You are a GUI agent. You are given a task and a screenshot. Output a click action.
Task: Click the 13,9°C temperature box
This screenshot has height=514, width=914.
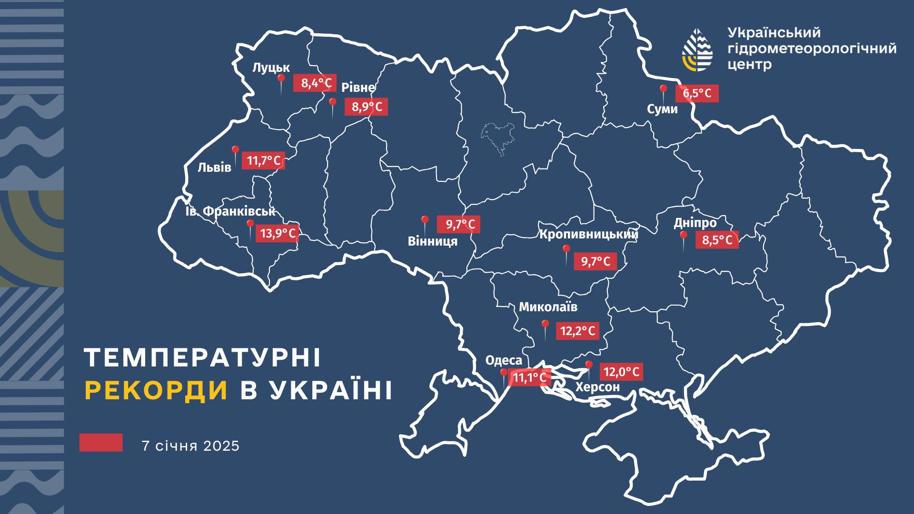[278, 233]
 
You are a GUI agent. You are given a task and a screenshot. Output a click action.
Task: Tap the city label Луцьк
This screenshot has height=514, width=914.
[271, 68]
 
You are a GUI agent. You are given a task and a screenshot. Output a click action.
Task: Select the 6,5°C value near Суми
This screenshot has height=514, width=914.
[697, 93]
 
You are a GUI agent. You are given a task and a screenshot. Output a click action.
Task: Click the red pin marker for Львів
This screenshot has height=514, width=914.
[235, 151]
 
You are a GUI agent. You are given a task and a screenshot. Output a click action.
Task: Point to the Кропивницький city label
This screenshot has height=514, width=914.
[588, 234]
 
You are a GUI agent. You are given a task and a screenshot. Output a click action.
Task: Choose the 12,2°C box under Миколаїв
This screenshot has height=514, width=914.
[577, 331]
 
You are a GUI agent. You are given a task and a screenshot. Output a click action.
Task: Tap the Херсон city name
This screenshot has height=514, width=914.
[598, 387]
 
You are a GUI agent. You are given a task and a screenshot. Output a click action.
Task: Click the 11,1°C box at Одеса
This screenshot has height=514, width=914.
[529, 378]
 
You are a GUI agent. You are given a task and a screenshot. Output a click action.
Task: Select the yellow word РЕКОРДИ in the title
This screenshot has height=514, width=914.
[157, 391]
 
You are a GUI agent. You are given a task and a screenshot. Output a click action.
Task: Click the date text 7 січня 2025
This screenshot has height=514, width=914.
[190, 446]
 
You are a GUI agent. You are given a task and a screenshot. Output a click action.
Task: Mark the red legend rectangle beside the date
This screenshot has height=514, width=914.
[101, 442]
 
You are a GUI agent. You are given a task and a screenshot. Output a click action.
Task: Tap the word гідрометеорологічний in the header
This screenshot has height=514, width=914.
[812, 48]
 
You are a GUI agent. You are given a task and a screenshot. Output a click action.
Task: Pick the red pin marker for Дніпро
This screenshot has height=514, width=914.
[683, 237]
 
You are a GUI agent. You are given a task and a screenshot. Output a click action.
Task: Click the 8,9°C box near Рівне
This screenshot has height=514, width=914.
[367, 107]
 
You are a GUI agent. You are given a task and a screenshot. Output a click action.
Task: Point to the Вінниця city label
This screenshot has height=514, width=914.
[432, 241]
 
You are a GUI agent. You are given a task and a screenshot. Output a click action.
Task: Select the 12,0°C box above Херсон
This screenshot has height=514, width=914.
[621, 371]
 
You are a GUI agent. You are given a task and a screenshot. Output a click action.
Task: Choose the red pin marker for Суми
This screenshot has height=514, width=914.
[663, 89]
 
